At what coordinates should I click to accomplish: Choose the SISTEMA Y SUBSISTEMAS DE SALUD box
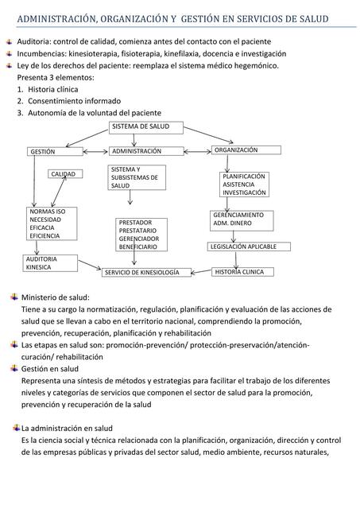click(x=137, y=177)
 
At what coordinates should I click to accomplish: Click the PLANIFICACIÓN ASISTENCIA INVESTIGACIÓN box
click(x=245, y=185)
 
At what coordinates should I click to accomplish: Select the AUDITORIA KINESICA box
click(x=50, y=263)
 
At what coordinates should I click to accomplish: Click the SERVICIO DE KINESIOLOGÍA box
click(x=147, y=273)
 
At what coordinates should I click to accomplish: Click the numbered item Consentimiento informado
click(x=74, y=102)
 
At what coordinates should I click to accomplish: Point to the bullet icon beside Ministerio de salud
click(x=14, y=297)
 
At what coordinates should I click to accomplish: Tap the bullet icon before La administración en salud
click(x=15, y=428)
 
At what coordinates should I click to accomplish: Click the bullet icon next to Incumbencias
click(x=9, y=53)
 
